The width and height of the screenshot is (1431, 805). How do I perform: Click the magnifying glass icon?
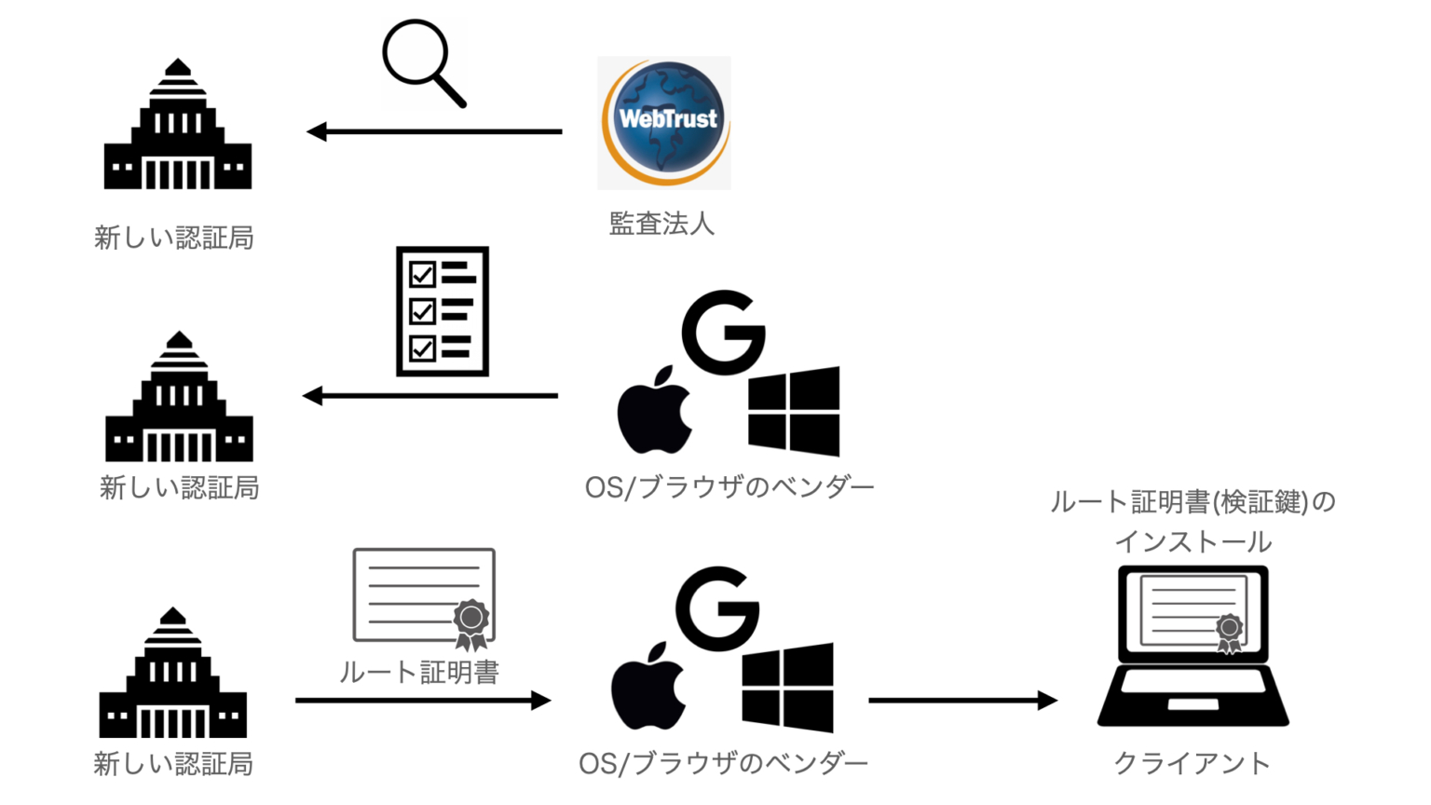click(x=421, y=61)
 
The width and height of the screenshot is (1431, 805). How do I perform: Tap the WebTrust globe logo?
click(x=664, y=122)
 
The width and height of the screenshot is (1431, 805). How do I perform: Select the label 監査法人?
click(x=661, y=224)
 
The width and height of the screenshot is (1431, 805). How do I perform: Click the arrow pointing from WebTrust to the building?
click(x=434, y=131)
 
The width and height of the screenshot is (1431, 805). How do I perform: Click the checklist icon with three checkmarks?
click(x=443, y=311)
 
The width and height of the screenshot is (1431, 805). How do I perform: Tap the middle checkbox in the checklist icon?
click(x=422, y=311)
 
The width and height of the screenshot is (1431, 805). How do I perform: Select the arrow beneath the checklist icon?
click(x=430, y=396)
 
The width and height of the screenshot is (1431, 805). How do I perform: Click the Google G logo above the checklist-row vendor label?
click(x=723, y=332)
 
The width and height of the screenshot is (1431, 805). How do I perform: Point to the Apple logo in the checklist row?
click(x=654, y=411)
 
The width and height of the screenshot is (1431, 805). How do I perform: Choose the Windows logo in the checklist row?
click(x=794, y=411)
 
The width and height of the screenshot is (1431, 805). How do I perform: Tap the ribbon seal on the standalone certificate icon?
click(x=471, y=622)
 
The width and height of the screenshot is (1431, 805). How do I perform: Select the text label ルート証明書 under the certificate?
click(x=419, y=672)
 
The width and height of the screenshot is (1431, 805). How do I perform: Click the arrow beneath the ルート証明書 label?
click(x=423, y=700)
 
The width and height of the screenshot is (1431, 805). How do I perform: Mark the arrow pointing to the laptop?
click(x=962, y=700)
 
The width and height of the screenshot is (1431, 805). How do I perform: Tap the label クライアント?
click(x=1192, y=763)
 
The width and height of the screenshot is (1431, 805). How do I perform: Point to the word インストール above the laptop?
click(x=1192, y=541)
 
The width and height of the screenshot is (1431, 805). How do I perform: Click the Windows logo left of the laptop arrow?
click(x=788, y=687)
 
